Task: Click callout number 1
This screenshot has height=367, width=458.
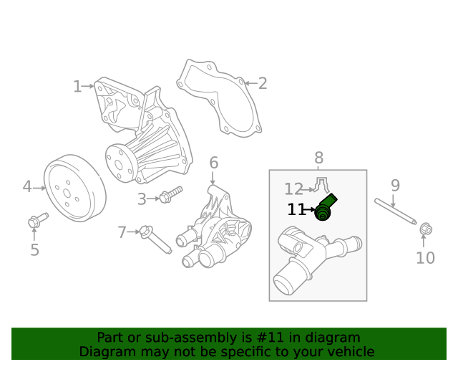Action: point(77,87)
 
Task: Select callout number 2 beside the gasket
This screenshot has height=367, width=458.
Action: point(263,83)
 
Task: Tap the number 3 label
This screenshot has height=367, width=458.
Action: point(142,199)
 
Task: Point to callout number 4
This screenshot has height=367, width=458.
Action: point(27,187)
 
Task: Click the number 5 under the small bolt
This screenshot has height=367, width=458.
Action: point(34,250)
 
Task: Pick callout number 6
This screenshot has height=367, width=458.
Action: point(213,163)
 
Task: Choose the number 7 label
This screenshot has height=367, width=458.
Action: point(122,232)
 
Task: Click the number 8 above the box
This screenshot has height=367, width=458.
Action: point(318,158)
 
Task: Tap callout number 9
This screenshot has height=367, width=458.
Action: point(395,186)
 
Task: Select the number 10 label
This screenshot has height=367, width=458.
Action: point(425,258)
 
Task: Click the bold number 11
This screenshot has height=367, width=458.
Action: point(296,210)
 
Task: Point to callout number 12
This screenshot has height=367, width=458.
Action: point(293,189)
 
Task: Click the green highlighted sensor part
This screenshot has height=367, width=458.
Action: point(326,207)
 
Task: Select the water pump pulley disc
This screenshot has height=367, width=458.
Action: point(74,189)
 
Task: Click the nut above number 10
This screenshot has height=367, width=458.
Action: point(424,229)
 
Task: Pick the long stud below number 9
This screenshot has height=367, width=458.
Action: point(396,211)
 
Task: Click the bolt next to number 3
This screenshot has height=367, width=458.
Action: point(171,194)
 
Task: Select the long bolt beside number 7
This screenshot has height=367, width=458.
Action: point(156,239)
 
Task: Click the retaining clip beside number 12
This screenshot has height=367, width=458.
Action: point(321,186)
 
